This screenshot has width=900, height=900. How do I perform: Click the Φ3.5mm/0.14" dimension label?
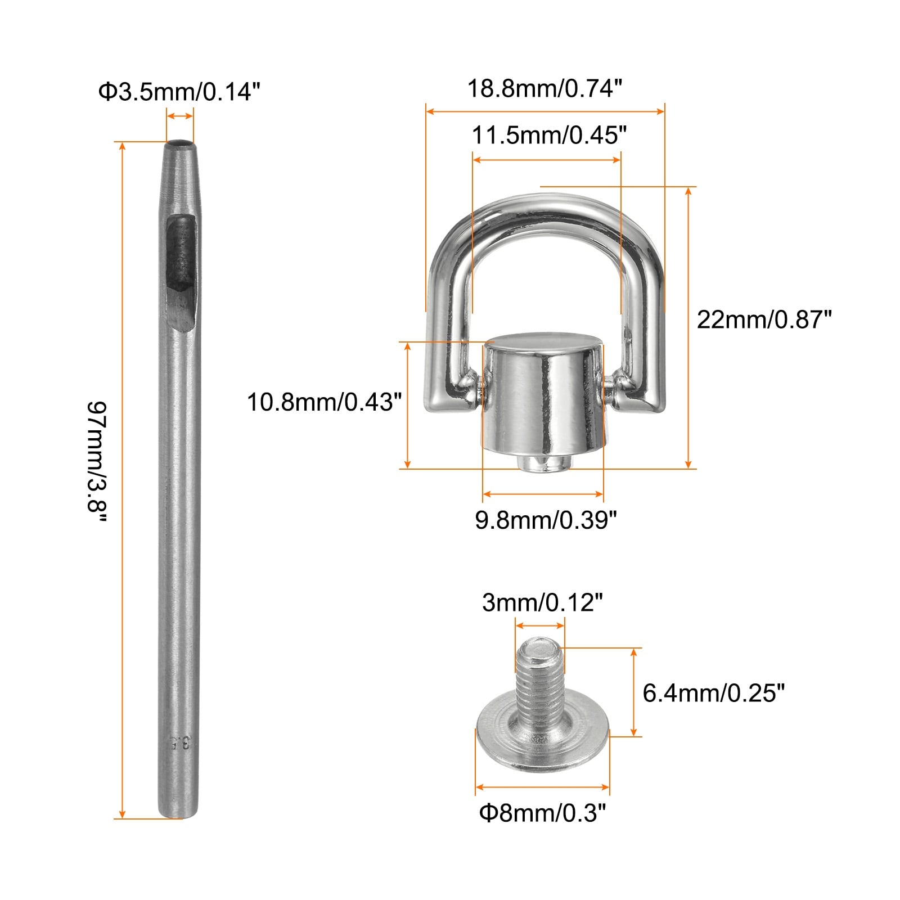point(179,92)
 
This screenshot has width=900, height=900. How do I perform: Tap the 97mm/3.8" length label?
point(97,464)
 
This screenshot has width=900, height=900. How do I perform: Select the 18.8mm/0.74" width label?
point(545,88)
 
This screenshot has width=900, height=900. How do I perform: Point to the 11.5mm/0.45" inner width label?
point(549,136)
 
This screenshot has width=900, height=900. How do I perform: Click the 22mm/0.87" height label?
point(764,319)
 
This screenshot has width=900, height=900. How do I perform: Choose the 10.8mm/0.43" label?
point(325,402)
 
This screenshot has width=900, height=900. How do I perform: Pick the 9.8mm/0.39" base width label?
point(546,520)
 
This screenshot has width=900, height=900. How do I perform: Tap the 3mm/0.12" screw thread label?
point(542,603)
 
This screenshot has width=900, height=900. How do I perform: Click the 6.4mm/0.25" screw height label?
point(713,692)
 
